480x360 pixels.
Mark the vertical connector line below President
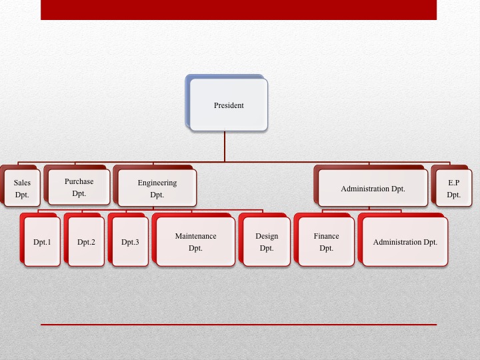click(225, 146)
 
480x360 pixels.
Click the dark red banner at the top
click(239, 10)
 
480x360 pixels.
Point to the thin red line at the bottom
click(239, 324)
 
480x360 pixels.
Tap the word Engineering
click(157, 183)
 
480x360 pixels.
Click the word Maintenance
click(195, 236)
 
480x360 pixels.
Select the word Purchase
click(79, 181)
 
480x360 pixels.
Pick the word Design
click(267, 236)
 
